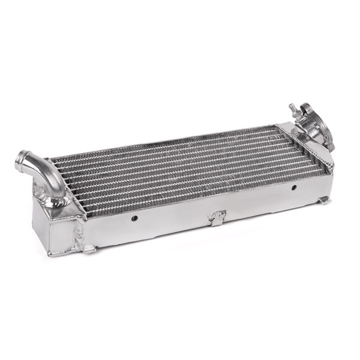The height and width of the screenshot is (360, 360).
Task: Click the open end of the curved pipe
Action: coord(22,160)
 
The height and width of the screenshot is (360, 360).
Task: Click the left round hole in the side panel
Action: coord(134,218)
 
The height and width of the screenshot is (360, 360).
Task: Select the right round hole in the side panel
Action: coord(293,188)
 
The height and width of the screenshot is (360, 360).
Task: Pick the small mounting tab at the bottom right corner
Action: coord(324,200)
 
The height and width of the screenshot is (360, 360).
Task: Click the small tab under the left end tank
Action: coord(88,248)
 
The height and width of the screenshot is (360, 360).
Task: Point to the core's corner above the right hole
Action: coord(327,173)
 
